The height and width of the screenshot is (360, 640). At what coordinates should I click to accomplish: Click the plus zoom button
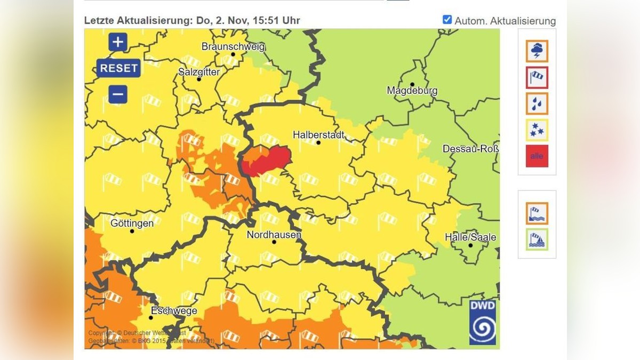pos(118,42)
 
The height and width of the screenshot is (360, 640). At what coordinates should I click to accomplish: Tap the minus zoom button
pos(118,94)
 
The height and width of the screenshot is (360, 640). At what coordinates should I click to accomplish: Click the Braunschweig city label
pos(233,47)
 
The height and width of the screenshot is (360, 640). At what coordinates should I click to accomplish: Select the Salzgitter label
pos(199,72)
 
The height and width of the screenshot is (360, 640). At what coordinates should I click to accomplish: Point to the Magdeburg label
pos(412,91)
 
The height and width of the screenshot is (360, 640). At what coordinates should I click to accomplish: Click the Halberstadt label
pos(318,135)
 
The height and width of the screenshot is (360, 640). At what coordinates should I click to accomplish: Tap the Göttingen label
pos(132,223)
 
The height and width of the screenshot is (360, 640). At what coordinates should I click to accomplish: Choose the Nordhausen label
pos(274,235)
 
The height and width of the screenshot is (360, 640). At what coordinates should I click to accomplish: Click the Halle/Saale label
pos(470,237)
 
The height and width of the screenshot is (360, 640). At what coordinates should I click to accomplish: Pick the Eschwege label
pos(174,311)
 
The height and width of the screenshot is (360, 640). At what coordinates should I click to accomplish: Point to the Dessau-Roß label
pos(470,149)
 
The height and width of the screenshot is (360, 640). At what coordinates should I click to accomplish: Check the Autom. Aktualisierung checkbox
pos(447,20)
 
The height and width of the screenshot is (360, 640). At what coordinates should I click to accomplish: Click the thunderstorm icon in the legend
pos(537,51)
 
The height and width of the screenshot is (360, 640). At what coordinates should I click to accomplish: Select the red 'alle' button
pos(537,156)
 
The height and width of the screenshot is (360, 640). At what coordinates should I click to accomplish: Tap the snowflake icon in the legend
pos(537,130)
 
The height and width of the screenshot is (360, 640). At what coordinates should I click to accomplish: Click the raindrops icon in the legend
pos(537,103)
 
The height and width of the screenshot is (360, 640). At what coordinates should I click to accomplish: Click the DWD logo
pos(482,322)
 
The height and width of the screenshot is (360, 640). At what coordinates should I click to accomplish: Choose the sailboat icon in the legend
pos(537,239)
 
